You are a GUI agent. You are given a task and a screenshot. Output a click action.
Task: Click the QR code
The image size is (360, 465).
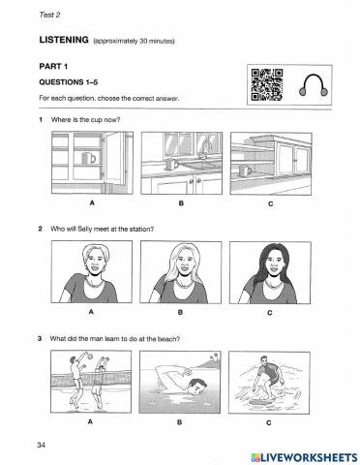267,85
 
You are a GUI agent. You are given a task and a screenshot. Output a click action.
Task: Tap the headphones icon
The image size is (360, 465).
313,85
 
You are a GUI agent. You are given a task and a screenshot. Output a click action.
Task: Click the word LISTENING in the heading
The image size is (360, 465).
64,40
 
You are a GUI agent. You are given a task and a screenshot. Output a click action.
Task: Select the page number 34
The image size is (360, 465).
41,445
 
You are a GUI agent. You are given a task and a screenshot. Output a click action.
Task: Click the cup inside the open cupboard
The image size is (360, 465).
89,158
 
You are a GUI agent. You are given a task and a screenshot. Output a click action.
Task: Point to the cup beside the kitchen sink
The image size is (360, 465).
171,164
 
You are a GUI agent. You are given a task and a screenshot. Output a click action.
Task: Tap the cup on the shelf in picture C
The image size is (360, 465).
246,170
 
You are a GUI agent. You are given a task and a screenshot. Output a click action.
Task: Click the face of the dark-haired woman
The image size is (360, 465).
274,263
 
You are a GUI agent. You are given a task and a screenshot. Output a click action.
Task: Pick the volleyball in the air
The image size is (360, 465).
89,356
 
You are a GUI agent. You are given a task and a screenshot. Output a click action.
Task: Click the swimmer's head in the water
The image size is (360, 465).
196,387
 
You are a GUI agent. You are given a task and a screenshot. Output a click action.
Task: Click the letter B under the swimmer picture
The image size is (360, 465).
180,422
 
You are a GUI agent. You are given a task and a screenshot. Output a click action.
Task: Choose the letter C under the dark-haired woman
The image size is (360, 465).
270,313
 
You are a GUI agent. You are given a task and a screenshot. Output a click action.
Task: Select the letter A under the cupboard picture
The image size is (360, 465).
92,202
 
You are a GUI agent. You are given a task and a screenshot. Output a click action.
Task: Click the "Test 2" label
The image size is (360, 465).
49,15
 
